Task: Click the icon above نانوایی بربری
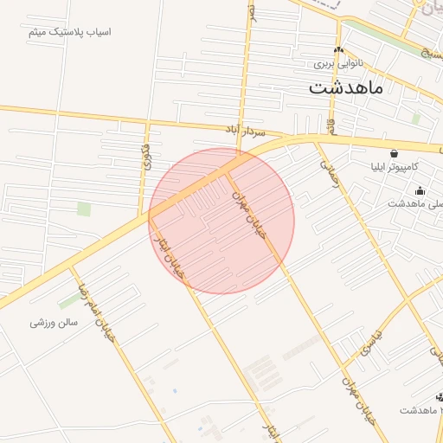(338, 50)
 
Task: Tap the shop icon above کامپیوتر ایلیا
(394, 152)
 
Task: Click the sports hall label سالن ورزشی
(54, 322)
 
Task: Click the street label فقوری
(144, 156)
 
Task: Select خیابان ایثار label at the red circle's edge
(168, 256)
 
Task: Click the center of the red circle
(221, 221)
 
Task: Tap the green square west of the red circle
(84, 209)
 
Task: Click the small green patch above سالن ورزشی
(68, 301)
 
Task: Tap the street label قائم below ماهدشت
(331, 127)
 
